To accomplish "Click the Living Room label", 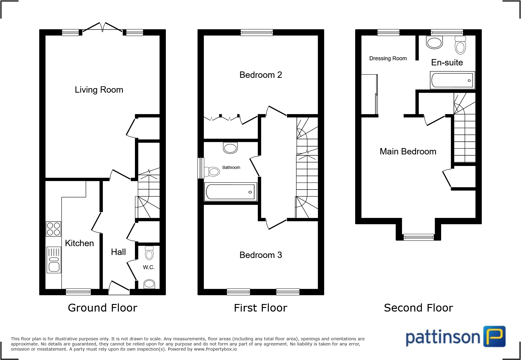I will (99, 90).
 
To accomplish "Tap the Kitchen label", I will (79, 243).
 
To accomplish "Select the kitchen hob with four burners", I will (54, 229).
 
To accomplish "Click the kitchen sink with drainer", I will (54, 260).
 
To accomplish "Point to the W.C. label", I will (149, 267).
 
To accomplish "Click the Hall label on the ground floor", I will (118, 252).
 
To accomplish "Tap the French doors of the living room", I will (102, 28).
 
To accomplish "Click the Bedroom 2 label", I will (260, 75).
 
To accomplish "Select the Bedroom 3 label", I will (260, 255).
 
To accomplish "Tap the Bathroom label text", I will (231, 167).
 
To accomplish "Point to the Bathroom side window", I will (200, 168).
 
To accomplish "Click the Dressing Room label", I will (388, 58).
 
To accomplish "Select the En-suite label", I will (447, 63).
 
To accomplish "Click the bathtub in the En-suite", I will (452, 80).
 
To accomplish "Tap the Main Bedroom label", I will (408, 151).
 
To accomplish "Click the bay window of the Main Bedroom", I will (419, 237).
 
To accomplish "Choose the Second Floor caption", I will (418, 308).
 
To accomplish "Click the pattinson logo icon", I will (494, 336).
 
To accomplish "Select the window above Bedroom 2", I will (257, 32).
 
